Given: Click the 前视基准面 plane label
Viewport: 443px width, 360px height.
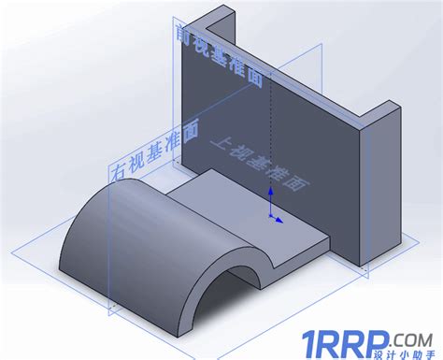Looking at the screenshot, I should [x=218, y=56].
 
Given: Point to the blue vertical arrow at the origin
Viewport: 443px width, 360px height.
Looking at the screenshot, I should [x=271, y=198].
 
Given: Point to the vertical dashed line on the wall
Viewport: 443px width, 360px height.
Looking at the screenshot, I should [x=270, y=131].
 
